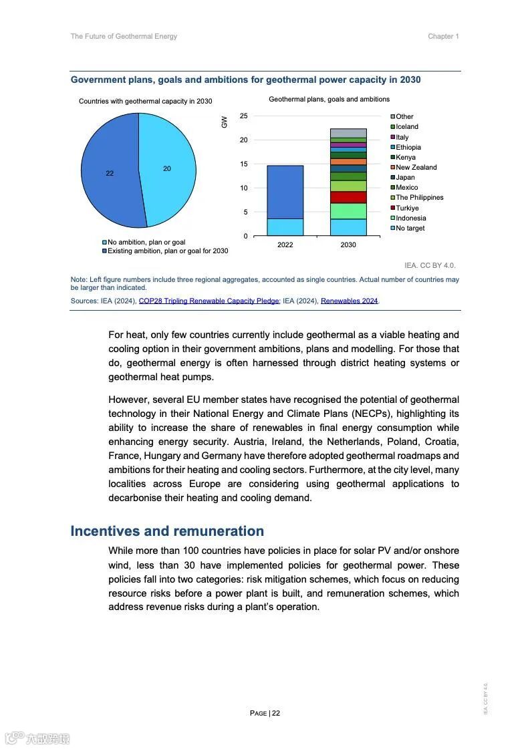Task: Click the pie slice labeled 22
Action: point(110,173)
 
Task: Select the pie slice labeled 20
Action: point(167,168)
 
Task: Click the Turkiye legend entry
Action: point(407,208)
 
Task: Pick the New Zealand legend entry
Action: point(416,167)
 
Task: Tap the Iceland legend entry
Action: point(406,126)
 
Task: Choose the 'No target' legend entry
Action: point(410,228)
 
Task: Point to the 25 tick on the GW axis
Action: point(244,116)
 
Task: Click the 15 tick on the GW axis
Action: point(244,164)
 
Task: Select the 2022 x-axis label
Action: point(285,245)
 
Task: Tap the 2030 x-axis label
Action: point(348,245)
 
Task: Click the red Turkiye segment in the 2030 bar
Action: point(348,197)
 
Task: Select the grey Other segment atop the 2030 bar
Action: point(348,133)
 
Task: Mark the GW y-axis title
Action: point(225,122)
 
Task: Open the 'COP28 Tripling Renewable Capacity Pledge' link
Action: point(209,301)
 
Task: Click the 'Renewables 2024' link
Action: point(350,301)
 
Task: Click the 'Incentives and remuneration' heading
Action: point(167,531)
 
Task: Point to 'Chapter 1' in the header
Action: point(443,37)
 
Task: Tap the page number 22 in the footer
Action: point(276,713)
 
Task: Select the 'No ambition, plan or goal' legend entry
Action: point(146,242)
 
